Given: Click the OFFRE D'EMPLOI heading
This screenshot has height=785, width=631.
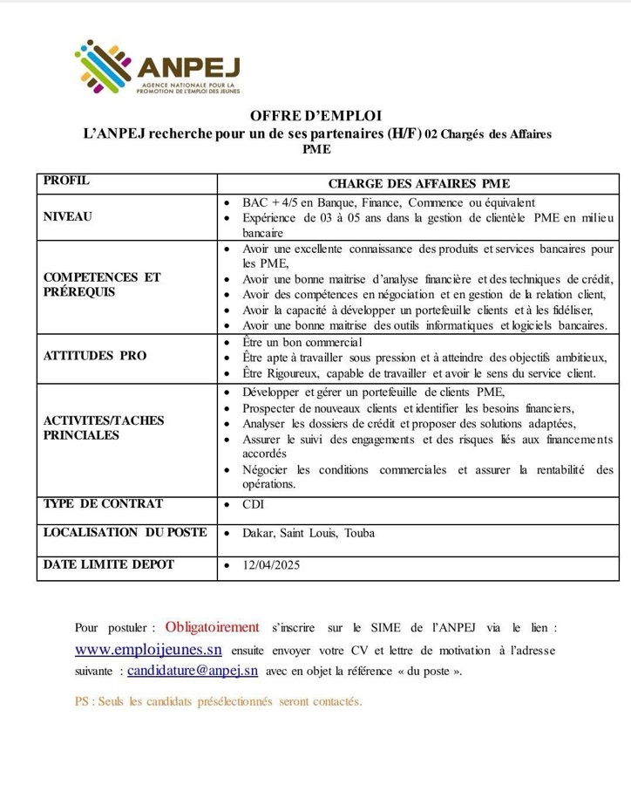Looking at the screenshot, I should click(x=315, y=115).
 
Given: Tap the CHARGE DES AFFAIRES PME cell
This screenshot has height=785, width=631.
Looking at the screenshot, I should click(x=418, y=183).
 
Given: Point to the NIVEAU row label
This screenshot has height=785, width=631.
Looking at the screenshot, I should click(x=67, y=215).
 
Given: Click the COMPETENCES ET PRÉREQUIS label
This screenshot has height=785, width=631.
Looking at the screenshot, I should click(x=102, y=284).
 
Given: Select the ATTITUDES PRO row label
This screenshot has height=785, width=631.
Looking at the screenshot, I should click(x=95, y=356).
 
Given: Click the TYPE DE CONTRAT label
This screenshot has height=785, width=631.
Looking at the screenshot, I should click(x=103, y=504).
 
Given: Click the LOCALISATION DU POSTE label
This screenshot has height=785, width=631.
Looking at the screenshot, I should click(x=125, y=532).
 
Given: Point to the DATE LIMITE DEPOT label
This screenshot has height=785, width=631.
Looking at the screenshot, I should click(x=108, y=564).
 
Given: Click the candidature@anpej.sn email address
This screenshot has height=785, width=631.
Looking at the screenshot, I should click(x=193, y=671).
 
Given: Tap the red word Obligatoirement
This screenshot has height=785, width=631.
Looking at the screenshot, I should click(x=213, y=627).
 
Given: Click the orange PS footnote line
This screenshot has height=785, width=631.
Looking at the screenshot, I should click(x=218, y=701).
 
